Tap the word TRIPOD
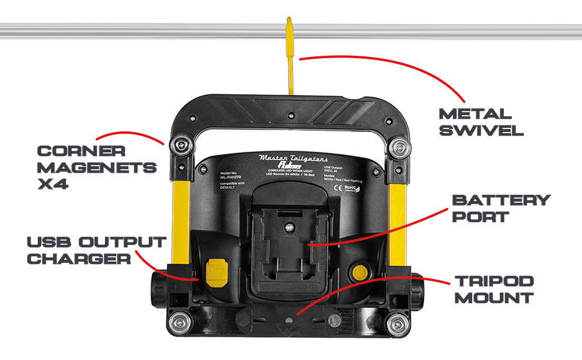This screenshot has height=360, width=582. (493, 281)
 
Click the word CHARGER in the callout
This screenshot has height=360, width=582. (79, 259)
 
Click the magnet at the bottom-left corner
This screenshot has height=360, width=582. (179, 322)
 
